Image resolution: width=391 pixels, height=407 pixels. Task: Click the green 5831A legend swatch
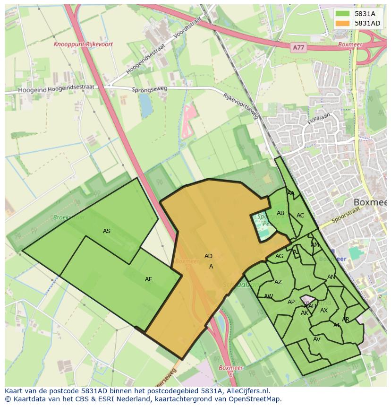pos(343,14)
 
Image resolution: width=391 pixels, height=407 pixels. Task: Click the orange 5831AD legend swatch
pos(343,23)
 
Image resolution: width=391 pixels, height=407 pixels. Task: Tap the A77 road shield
pos(298,48)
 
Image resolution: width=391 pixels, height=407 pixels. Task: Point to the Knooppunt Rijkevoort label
pos(83,44)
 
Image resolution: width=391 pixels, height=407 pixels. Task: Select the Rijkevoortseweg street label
pos(241,106)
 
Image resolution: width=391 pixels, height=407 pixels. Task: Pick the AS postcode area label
pos(107,231)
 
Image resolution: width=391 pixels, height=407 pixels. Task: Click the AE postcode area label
pos(149,279)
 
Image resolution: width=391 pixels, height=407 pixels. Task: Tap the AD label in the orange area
pos(208,256)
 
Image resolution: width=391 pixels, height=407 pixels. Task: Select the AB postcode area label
pos(280,213)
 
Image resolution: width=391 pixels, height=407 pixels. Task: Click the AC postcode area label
pos(300,216)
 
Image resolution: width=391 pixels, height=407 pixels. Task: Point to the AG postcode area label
pos(279,256)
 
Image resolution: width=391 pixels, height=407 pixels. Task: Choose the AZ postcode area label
pos(278,282)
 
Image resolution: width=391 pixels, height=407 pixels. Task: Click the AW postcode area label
pos(268,296)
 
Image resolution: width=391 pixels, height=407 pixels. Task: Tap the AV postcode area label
pos(316,339)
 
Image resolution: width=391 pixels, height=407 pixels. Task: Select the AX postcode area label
pos(324,311)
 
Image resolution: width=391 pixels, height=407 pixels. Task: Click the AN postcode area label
pos(331,277)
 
